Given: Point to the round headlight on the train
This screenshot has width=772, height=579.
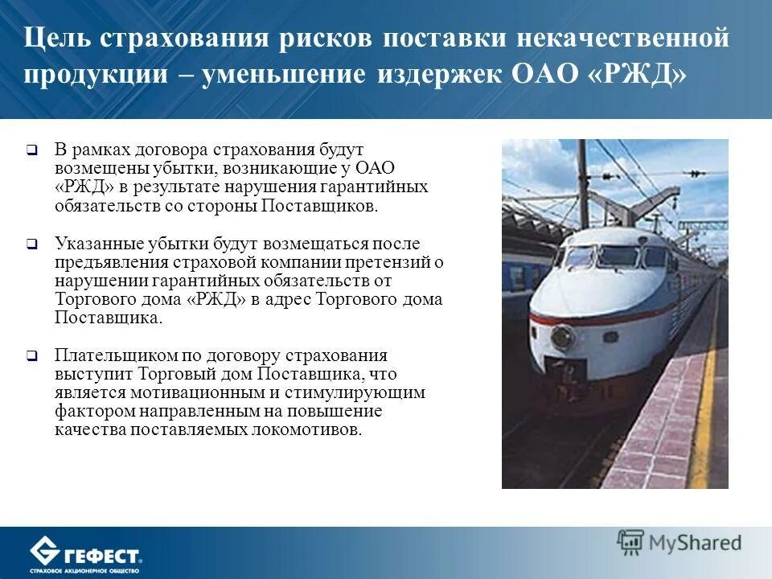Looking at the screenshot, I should pos(562,337).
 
